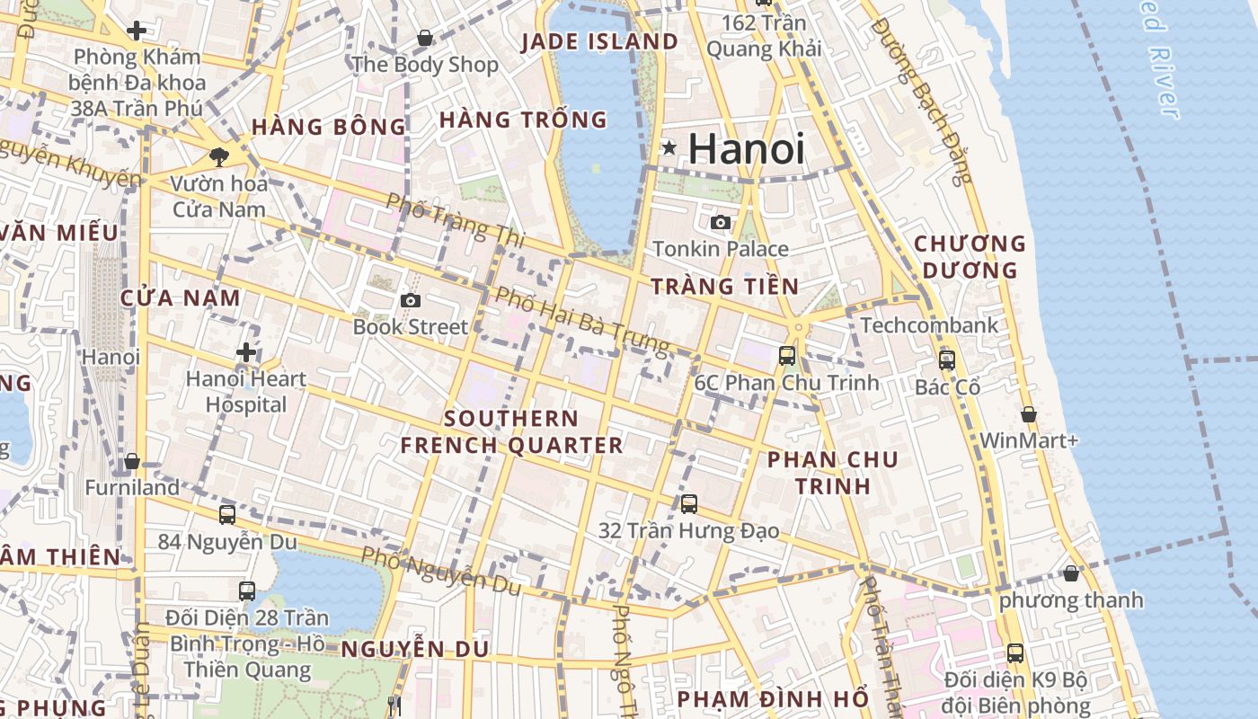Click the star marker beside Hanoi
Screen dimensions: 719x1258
coord(669,147)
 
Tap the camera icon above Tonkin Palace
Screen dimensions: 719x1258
coord(721,222)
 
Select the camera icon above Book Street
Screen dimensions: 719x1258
coord(411,300)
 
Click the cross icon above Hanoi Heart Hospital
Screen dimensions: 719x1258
coord(246,352)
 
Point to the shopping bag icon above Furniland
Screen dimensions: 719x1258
coord(132,461)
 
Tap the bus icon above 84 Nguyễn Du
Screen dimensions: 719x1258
coord(227,515)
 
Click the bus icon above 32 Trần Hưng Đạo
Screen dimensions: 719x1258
coord(689,504)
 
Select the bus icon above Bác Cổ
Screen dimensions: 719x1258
coord(947,360)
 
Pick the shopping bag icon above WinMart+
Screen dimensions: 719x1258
coord(1029,414)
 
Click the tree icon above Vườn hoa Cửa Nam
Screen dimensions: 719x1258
coord(218,157)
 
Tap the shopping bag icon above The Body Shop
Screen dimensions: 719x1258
coord(425,38)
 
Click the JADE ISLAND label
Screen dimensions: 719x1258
coord(599,41)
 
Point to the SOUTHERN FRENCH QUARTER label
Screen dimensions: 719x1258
coord(511,432)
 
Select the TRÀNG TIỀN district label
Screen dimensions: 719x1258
coord(724,287)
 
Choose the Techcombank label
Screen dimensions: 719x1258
coord(929,325)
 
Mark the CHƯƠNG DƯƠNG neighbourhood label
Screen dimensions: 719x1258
coord(970,257)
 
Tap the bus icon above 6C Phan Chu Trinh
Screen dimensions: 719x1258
coord(787,356)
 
